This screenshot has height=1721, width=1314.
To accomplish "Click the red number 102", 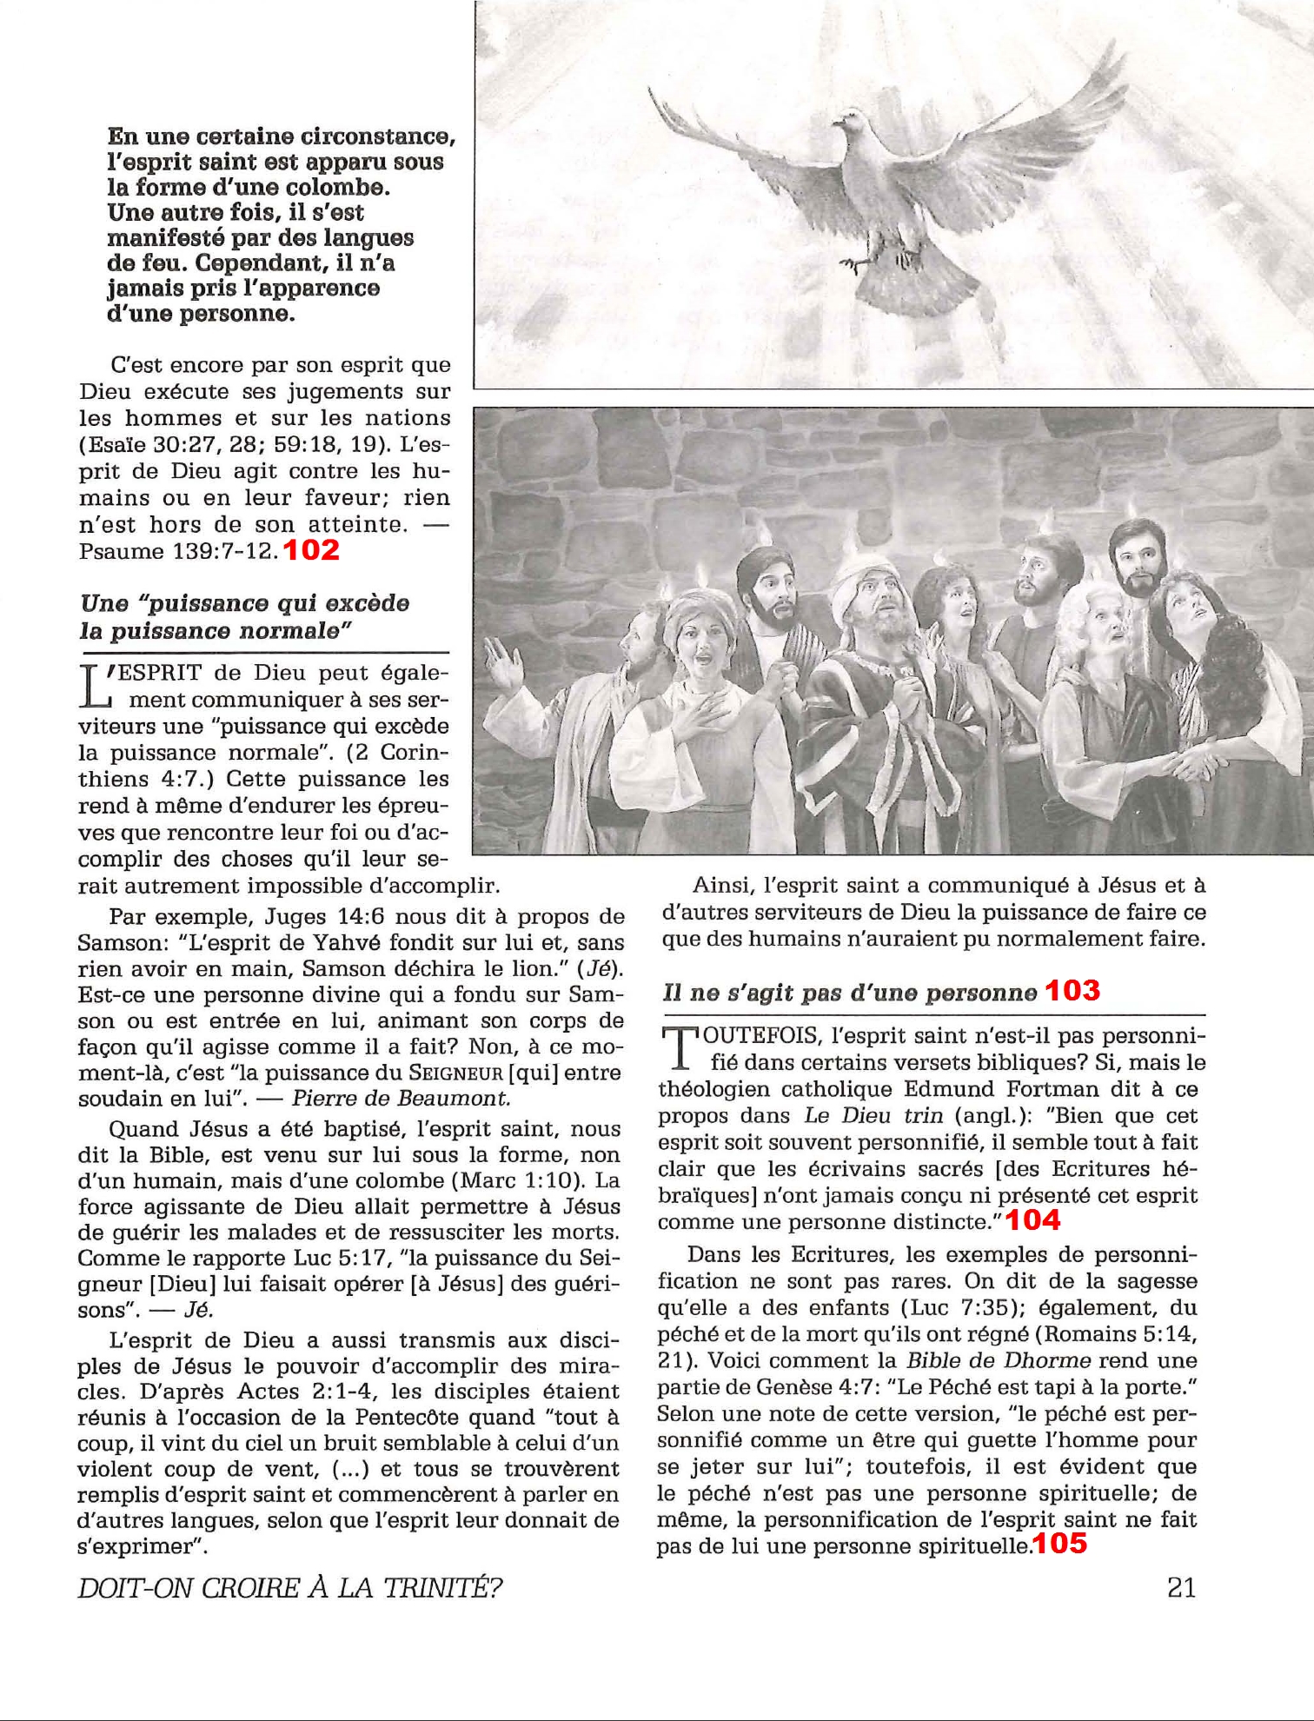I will pos(310,550).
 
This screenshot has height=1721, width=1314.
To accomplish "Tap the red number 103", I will pos(1072,991).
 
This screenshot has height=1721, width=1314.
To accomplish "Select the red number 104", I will pos(1032,1220).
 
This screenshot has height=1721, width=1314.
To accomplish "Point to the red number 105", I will pos(1059,1544).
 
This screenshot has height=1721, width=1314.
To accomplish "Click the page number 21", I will pos(1181,1587).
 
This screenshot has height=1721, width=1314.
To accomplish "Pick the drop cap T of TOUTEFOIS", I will pos(674,1048).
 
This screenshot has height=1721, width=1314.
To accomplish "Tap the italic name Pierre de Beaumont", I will pos(400,1098).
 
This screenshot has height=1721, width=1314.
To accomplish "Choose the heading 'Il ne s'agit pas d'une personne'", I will pos(849,993).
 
